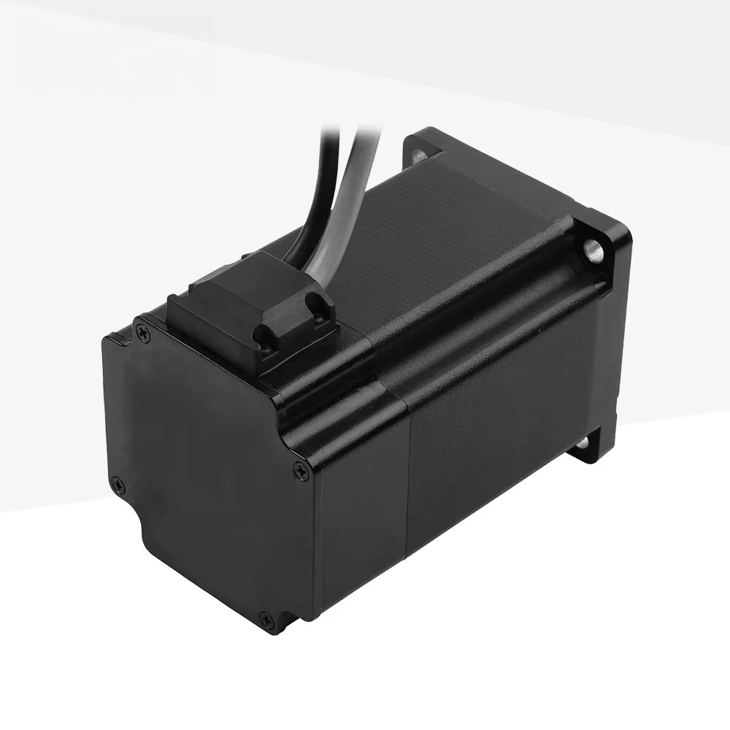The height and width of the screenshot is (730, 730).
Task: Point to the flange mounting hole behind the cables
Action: (419, 155)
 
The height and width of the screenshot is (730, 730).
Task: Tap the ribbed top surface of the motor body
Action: (453, 234)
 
